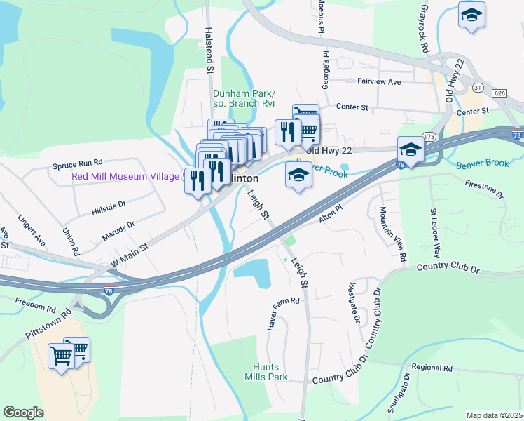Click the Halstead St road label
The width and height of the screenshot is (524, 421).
coord(209,51)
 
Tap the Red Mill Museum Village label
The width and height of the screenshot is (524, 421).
coord(125,176)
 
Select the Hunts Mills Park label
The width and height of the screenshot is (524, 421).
coord(266,372)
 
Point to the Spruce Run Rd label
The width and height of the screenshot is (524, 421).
coord(78,166)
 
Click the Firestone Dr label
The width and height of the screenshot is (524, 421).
coord(483,189)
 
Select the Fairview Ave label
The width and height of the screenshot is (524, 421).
coord(379,82)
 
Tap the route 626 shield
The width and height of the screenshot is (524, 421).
coord(499,93)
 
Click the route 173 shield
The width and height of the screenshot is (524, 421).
coord(429,135)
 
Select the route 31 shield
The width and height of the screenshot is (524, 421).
coord(477,86)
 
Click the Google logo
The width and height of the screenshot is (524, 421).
coord(23,413)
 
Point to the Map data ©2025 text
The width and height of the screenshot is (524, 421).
coord(494,415)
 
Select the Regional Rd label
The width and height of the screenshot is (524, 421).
coord(432,368)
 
